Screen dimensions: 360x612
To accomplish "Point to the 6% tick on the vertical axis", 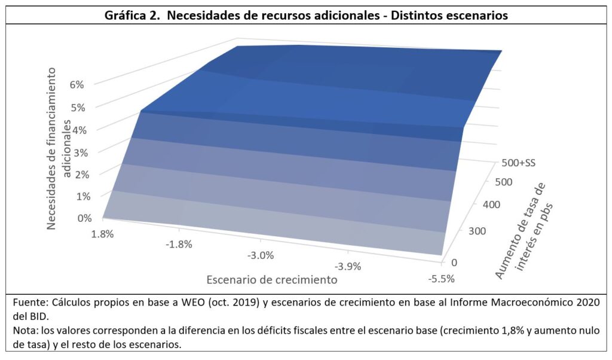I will pyautogui.click(x=76, y=84).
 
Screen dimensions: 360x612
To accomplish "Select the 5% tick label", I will pyautogui.click(x=76, y=107).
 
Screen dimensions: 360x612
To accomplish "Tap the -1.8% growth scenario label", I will pyautogui.click(x=179, y=244).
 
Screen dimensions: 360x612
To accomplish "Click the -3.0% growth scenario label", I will pyautogui.click(x=260, y=255).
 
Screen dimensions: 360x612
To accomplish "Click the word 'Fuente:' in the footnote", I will pyautogui.click(x=29, y=303).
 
